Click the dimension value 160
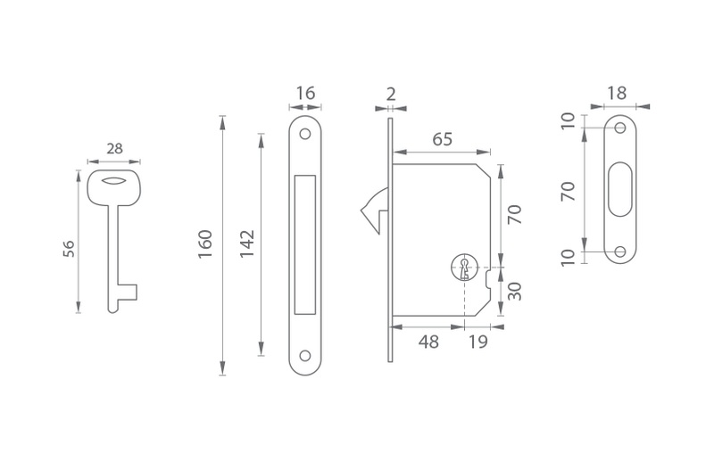point(205,244)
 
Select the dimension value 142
point(247,244)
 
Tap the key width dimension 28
point(115,149)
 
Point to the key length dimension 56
point(69,249)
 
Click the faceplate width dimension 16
point(305,94)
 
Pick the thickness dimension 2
point(391,95)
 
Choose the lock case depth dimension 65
point(442,139)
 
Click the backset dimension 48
point(428,342)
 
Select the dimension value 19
point(478,342)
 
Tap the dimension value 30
point(515,292)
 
